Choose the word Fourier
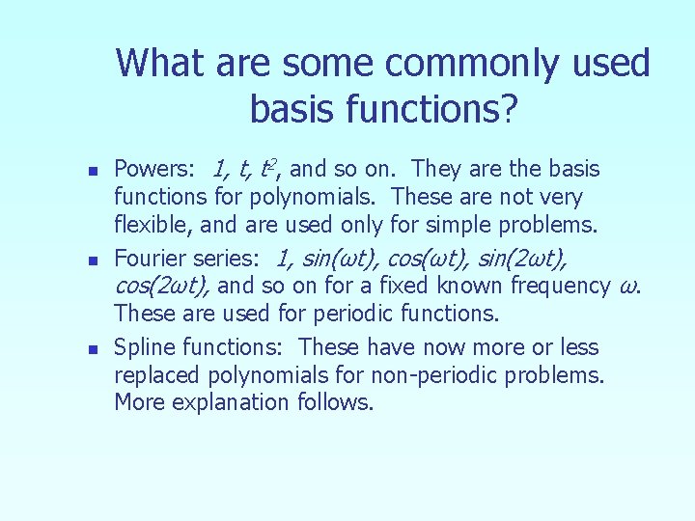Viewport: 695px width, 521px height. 148,259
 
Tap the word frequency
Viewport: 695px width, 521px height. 560,287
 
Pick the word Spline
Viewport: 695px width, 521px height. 143,347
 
